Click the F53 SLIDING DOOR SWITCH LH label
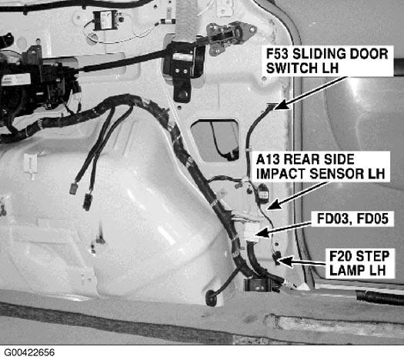pos(327,61)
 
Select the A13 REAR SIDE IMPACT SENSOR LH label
pos(320,167)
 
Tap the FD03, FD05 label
pos(352,219)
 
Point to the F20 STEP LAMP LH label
pos(359,263)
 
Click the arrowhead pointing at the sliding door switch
pos(281,105)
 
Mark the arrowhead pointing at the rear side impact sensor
pos(273,205)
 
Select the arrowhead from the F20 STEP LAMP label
pos(285,261)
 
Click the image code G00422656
pos(29,352)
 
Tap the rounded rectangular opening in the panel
pos(215,140)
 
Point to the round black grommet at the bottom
pos(212,298)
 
